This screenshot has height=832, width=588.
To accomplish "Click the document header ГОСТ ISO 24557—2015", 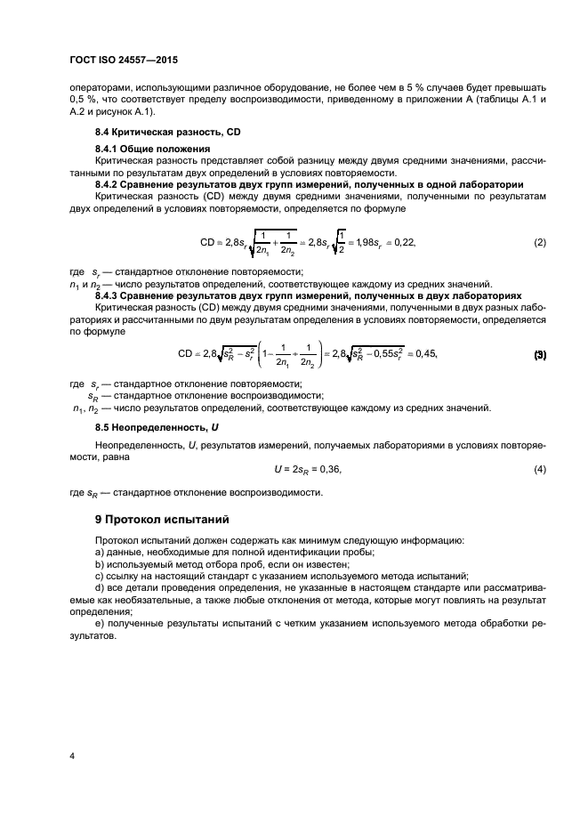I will coord(131,62).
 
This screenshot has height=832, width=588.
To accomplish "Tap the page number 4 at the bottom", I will coord(72,755).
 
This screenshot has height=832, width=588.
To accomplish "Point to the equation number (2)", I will coord(539,242).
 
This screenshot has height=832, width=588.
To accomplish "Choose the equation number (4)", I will coord(539,469).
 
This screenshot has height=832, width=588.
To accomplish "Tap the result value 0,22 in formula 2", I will coord(404,242).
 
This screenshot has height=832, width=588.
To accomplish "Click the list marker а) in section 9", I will coord(100,552).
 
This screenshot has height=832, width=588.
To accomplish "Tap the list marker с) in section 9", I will coord(100,576).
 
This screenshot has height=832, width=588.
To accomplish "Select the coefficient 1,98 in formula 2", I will coord(360,242).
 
